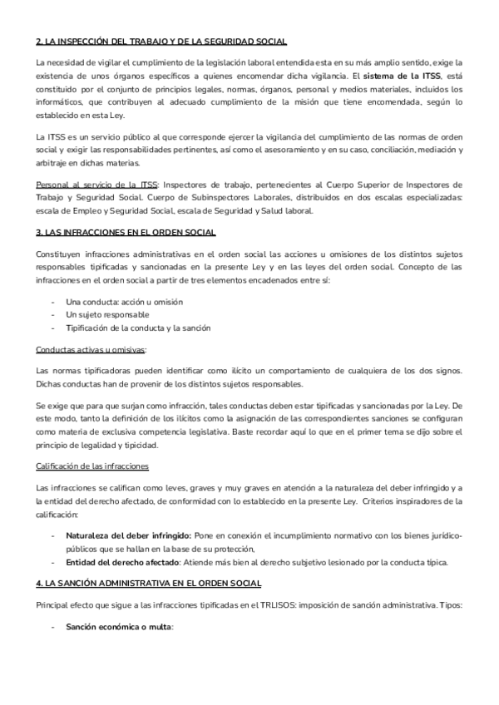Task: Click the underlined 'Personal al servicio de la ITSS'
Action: click(x=97, y=184)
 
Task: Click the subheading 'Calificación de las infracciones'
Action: click(x=91, y=466)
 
